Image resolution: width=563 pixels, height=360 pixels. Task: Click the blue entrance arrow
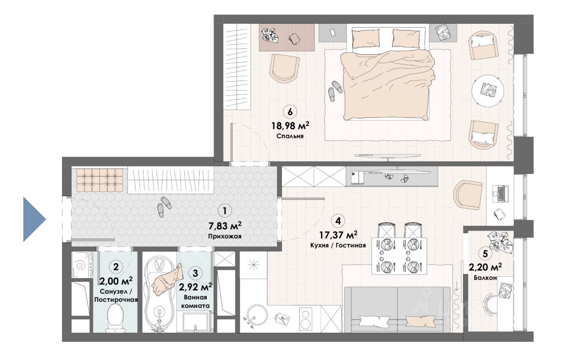click(34, 219)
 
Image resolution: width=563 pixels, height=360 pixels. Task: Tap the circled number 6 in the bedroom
click(290, 112)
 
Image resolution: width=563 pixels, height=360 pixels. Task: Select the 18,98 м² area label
click(290, 125)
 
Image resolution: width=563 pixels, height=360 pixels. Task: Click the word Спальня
click(290, 136)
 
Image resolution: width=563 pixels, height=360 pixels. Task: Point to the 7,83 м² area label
click(225, 226)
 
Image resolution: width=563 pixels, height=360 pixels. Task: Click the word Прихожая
click(225, 236)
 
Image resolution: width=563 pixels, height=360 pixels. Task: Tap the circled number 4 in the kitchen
click(338, 221)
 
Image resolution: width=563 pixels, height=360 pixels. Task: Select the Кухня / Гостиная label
click(338, 246)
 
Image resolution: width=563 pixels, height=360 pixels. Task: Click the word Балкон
click(485, 278)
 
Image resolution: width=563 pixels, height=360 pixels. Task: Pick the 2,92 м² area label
click(195, 287)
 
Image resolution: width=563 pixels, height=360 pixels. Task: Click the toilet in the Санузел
click(116, 318)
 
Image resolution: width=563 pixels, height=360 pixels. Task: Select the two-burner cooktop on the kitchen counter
click(306, 319)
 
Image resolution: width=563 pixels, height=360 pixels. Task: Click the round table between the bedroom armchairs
click(488, 91)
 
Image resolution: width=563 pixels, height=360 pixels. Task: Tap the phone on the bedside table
click(332, 33)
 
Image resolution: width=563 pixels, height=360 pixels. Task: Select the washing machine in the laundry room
click(80, 265)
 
